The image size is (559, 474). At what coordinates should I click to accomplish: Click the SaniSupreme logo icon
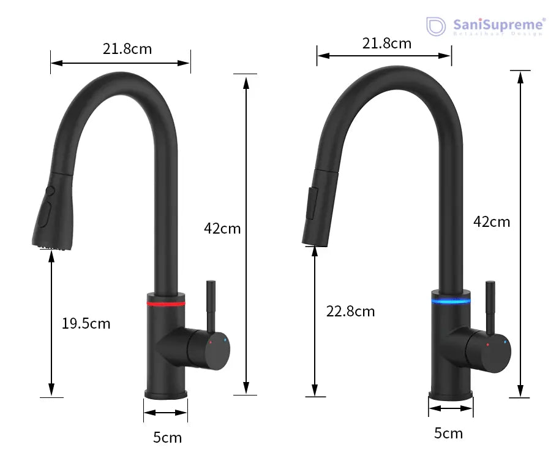click(x=435, y=26)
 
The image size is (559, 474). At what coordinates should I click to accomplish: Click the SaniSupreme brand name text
click(x=498, y=25)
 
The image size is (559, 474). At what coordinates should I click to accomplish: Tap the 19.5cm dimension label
click(x=86, y=323)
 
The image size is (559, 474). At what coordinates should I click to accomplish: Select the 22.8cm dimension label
click(x=350, y=311)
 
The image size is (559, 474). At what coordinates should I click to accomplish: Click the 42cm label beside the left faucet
click(x=222, y=228)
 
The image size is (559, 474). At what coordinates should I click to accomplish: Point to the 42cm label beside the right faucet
click(x=491, y=221)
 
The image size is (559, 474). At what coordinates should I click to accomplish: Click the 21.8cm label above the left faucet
click(x=127, y=48)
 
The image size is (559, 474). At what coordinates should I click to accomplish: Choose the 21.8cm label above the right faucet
click(x=386, y=43)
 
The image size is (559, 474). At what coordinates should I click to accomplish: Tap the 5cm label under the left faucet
click(x=167, y=437)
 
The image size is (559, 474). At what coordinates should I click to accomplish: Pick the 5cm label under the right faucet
click(x=448, y=433)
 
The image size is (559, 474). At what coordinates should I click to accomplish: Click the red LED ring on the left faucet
click(x=166, y=303)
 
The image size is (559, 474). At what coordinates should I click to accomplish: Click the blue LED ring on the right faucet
click(x=451, y=300)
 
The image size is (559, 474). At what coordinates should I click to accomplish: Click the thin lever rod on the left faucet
click(x=211, y=304)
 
